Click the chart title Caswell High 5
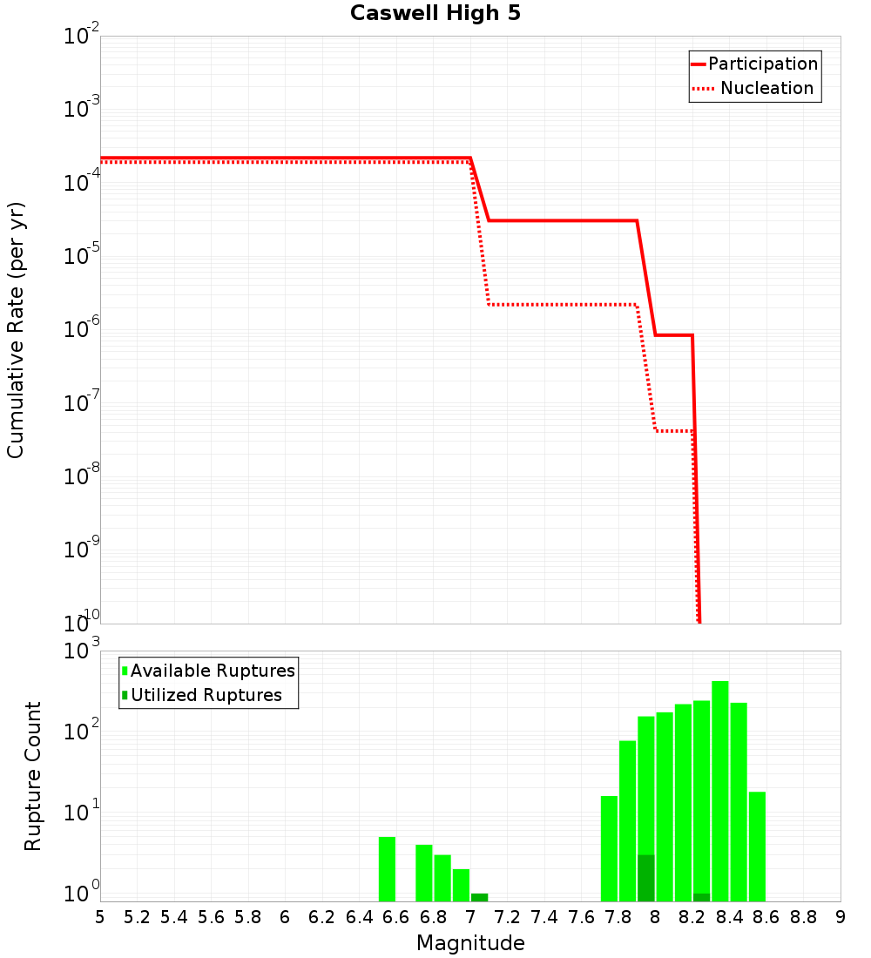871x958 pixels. click(x=435, y=14)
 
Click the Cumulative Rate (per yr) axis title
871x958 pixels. click(x=16, y=330)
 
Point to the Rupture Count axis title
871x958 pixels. click(x=33, y=776)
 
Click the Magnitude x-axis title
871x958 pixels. click(x=470, y=943)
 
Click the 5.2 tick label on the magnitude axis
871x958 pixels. click(x=137, y=917)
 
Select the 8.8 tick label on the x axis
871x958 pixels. click(x=803, y=917)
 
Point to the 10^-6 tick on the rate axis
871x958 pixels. click(x=82, y=327)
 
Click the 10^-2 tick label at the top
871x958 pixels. click(x=82, y=36)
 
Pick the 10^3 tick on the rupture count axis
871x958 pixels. click(x=82, y=651)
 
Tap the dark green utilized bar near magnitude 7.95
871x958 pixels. click(x=645, y=878)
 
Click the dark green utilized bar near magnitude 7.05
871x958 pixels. click(x=479, y=897)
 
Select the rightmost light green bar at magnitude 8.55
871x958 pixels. click(x=757, y=846)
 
